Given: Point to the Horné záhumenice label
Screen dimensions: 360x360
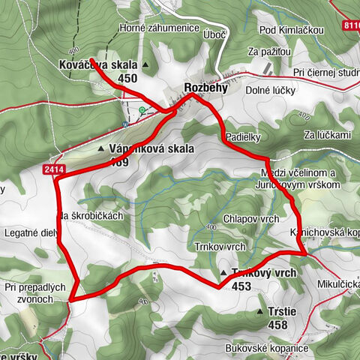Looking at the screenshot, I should tap(157, 29).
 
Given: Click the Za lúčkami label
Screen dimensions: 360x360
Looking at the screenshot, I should tap(328, 135).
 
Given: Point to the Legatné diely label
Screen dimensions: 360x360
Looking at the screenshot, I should tap(30, 232).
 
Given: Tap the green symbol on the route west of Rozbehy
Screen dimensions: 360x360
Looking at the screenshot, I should tap(142, 110).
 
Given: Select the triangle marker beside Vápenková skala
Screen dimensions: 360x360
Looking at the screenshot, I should tap(101, 149).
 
